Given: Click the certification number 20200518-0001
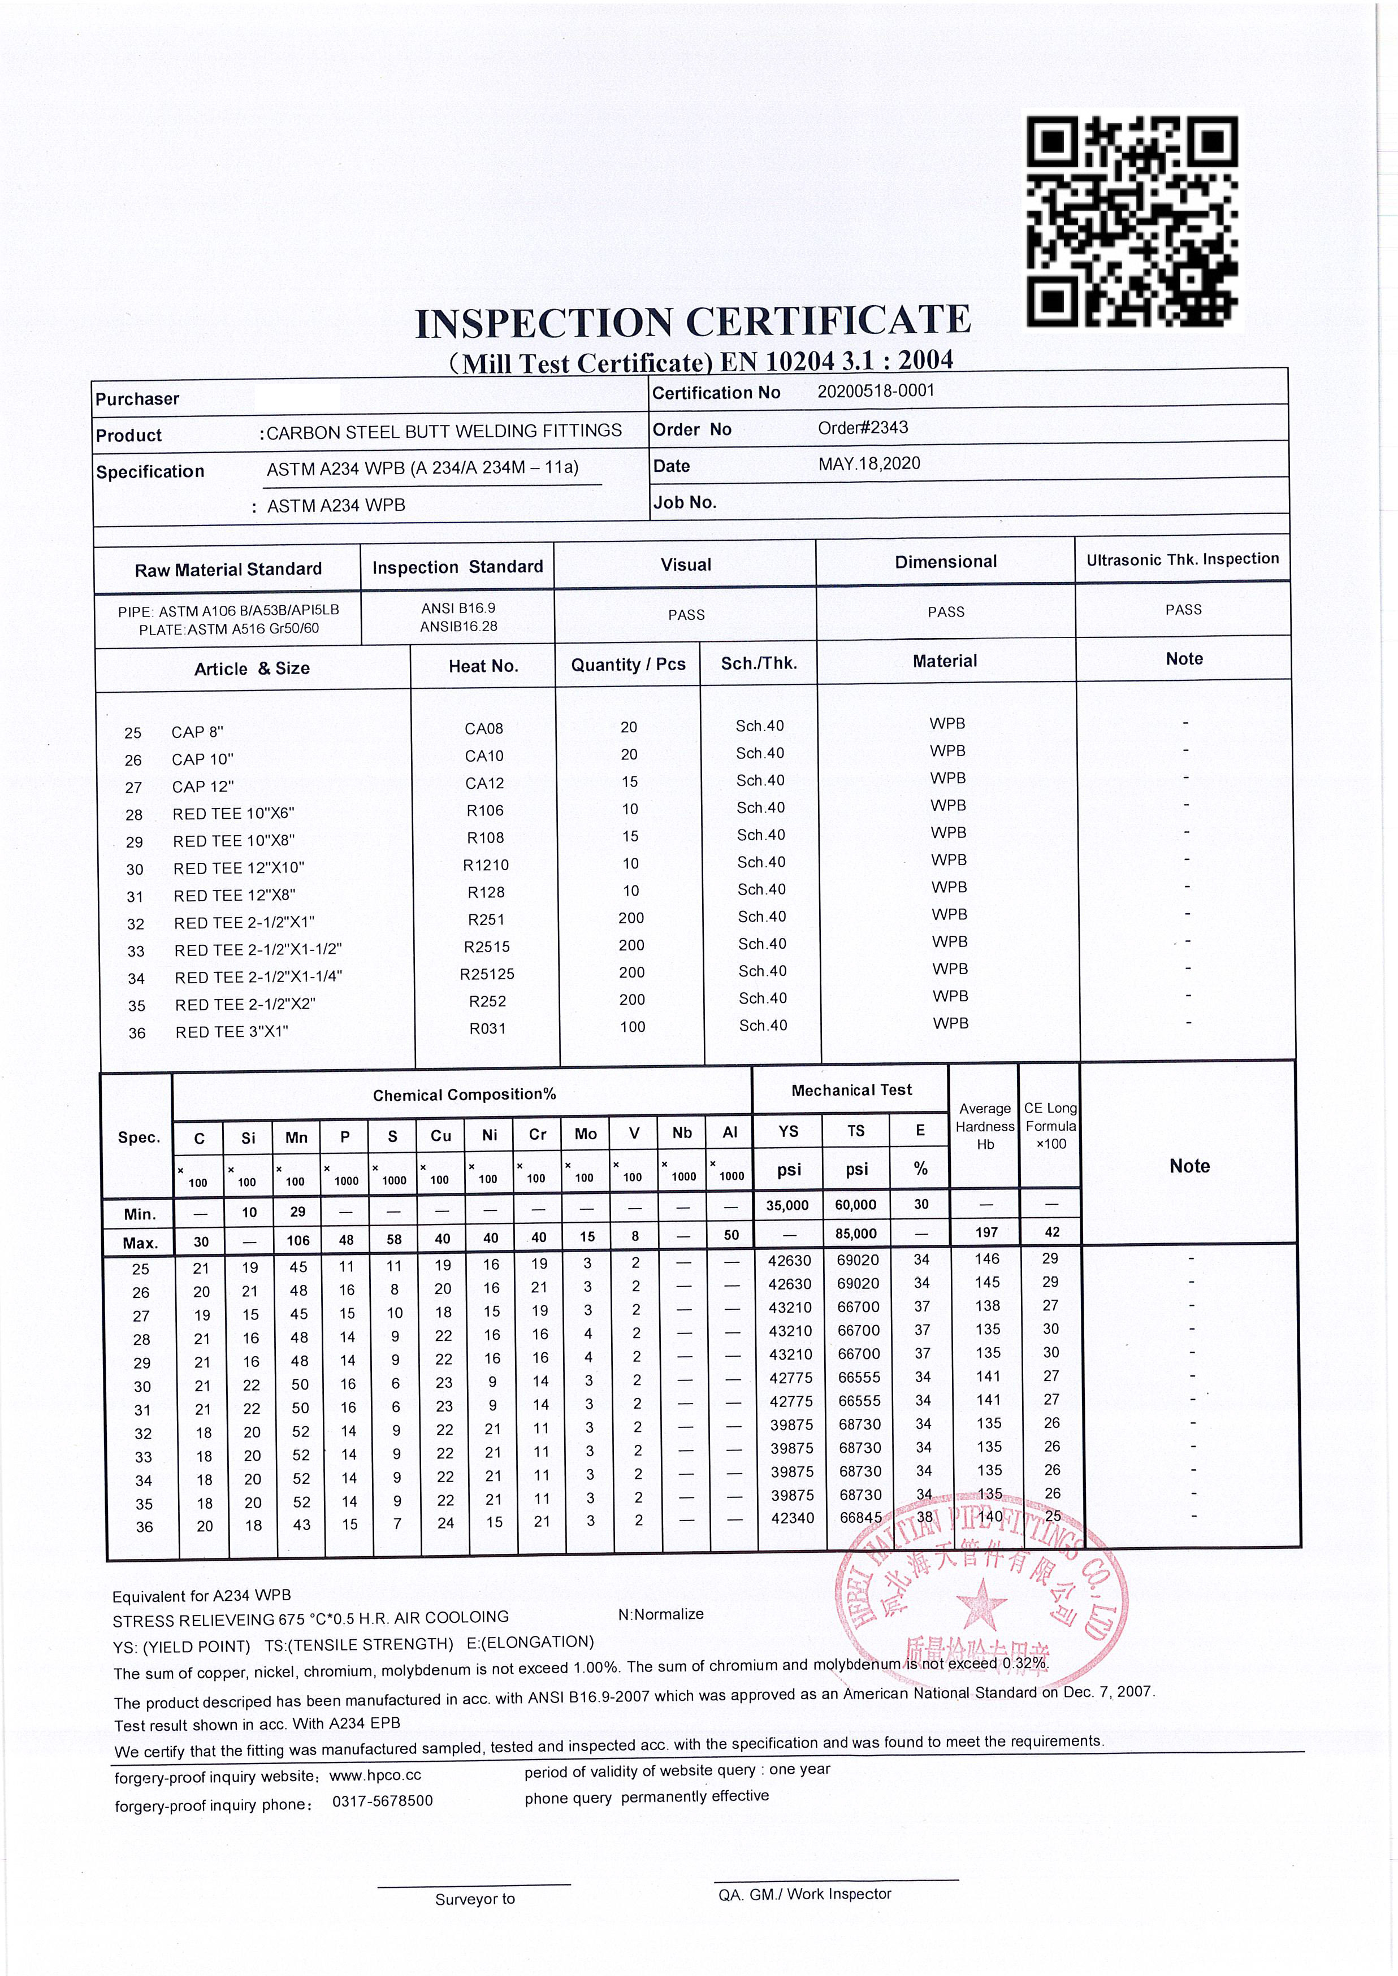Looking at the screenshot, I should [x=876, y=390].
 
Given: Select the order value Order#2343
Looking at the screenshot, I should [x=863, y=428].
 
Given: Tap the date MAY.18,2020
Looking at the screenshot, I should [x=868, y=464].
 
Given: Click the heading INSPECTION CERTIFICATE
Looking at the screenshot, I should [x=693, y=323].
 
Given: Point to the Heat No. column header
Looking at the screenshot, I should [x=483, y=666].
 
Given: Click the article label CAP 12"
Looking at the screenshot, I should [x=202, y=787].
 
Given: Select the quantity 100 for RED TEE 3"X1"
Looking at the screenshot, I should [x=632, y=1027].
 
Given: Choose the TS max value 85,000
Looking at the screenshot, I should [x=856, y=1234].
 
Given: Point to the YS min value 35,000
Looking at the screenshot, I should [x=787, y=1205].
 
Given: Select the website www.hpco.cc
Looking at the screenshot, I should [x=375, y=1775].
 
